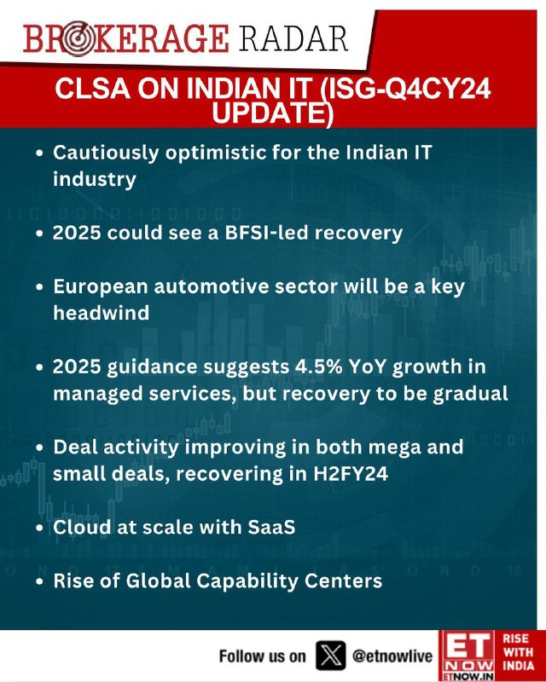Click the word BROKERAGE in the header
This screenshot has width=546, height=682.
coord(125,38)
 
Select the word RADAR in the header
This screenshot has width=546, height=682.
coord(293,38)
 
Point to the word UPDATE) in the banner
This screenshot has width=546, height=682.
coord(272,113)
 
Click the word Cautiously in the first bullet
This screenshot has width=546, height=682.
coord(106,153)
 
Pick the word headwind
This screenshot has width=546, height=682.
coord(101,313)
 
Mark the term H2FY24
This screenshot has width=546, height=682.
coord(351,474)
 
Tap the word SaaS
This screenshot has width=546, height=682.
coord(271,527)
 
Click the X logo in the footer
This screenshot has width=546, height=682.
coord(330,655)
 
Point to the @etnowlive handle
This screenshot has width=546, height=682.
coord(392,656)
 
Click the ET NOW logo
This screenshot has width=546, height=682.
coord(467,656)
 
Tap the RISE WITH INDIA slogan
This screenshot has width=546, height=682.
coord(518,652)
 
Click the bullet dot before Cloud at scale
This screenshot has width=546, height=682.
coord(40,528)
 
